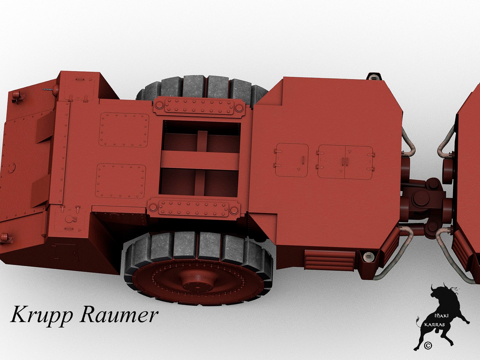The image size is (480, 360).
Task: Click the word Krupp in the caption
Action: coord(41,315)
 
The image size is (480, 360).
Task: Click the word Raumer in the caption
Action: coord(119,315)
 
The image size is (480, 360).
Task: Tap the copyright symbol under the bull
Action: coord(428,345)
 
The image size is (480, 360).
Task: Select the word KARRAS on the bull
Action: coord(434,324)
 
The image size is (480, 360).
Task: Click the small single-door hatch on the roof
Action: coord(291,160)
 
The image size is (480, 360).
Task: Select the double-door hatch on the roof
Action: coord(345,162)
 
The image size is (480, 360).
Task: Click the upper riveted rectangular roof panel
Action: coord(124,130)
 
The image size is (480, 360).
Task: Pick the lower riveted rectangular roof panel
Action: coord(121,181)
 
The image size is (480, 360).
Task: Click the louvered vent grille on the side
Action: coord(329,260)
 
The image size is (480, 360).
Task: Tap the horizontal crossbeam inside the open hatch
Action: coord(200,160)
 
